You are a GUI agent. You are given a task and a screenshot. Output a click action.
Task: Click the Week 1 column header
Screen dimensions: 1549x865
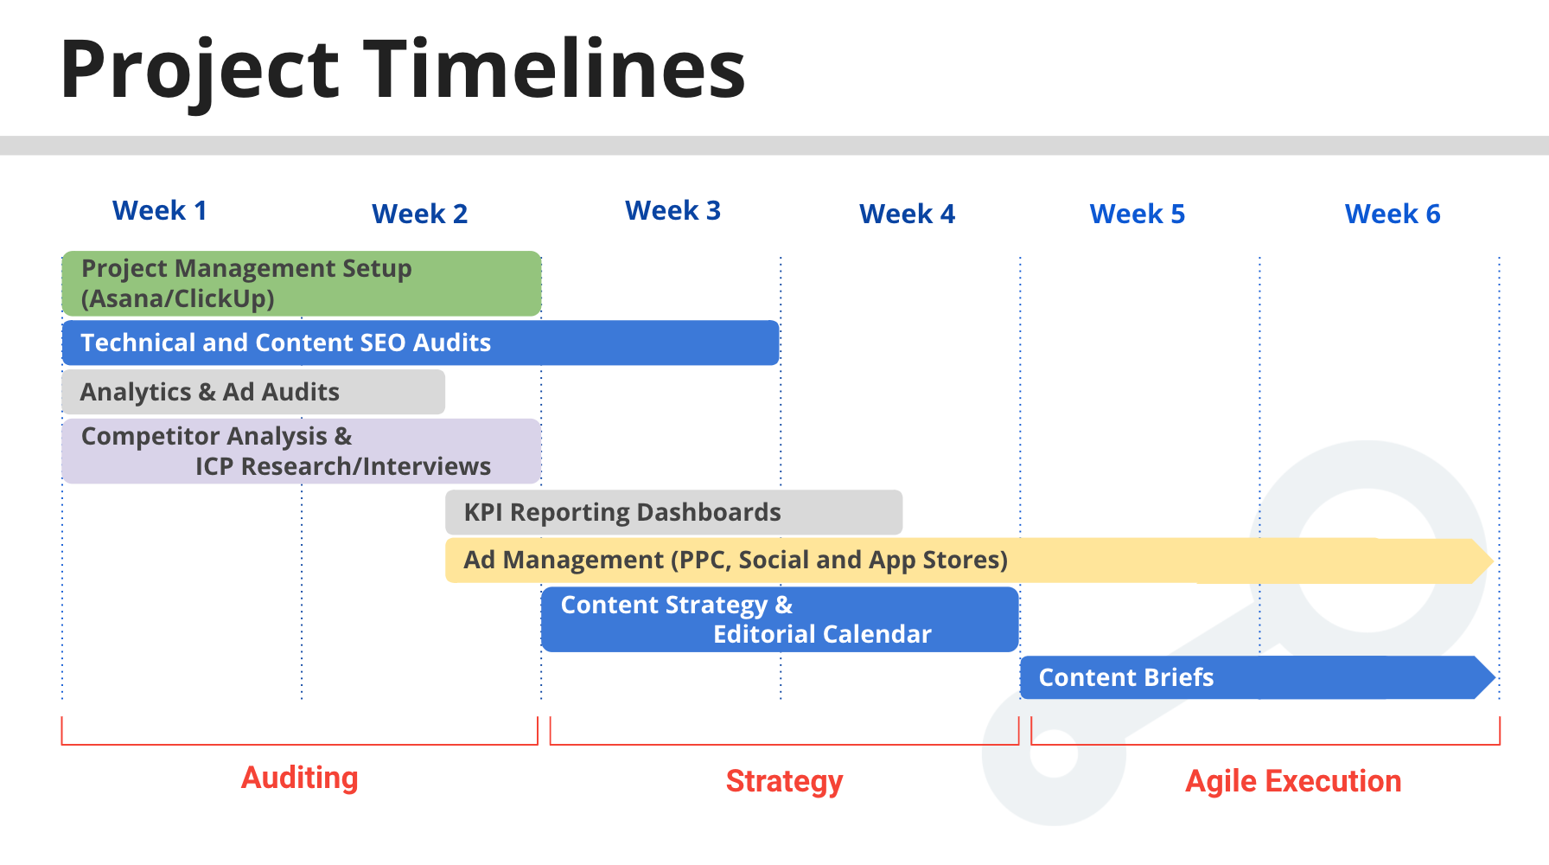pyautogui.click(x=160, y=210)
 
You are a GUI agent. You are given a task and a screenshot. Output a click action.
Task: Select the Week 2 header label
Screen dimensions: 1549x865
pyautogui.click(x=419, y=214)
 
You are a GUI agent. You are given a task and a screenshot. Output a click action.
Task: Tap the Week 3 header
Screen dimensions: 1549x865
pyautogui.click(x=673, y=210)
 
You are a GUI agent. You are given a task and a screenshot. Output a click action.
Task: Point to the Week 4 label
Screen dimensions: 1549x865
pyautogui.click(x=907, y=214)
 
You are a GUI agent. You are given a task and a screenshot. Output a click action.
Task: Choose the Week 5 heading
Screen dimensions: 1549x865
pyautogui.click(x=1138, y=214)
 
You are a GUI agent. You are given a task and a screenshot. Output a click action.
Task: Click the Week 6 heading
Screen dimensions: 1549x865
pyautogui.click(x=1393, y=214)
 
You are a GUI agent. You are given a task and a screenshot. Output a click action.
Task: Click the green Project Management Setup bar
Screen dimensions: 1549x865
pyautogui.click(x=302, y=284)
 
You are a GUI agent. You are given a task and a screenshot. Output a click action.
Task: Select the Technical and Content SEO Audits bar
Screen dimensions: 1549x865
pyautogui.click(x=421, y=343)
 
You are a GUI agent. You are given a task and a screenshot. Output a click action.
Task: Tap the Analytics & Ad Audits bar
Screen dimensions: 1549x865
pyautogui.click(x=253, y=392)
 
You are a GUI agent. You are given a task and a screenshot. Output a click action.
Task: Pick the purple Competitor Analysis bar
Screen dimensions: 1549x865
pyautogui.click(x=302, y=451)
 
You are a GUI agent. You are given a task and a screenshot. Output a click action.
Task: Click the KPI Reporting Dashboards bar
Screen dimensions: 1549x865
pyautogui.click(x=674, y=512)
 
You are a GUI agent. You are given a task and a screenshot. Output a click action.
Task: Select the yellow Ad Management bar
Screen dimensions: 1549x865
pyautogui.click(x=969, y=561)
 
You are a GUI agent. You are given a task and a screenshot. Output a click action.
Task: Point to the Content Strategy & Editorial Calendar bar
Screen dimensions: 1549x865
pyautogui.click(x=780, y=619)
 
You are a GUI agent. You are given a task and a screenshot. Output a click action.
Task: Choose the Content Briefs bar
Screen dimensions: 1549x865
pyautogui.click(x=1258, y=677)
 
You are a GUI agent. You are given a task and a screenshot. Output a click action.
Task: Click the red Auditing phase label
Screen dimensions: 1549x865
pyautogui.click(x=299, y=778)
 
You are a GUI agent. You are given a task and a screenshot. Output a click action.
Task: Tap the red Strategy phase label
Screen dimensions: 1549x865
pyautogui.click(x=784, y=781)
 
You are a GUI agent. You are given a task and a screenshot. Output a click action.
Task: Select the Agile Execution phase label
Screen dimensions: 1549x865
pyautogui.click(x=1293, y=781)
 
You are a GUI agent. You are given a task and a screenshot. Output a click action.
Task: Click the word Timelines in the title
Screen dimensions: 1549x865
pyautogui.click(x=554, y=68)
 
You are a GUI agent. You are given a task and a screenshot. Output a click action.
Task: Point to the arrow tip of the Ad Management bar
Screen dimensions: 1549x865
pyautogui.click(x=1493, y=561)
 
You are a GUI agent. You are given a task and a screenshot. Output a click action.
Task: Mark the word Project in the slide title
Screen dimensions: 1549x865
pyautogui.click(x=200, y=73)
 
